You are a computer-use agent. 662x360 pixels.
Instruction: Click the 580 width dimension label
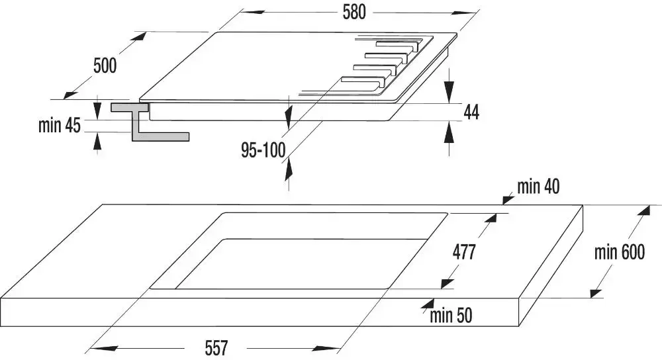click(x=354, y=12)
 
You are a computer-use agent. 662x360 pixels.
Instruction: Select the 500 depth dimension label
click(x=105, y=66)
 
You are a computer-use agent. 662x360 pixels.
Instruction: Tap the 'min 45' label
click(x=59, y=125)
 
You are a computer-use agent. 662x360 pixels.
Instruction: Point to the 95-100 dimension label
click(x=263, y=150)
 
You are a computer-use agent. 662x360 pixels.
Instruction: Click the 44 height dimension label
click(x=471, y=112)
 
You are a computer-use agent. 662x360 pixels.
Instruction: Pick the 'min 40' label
click(x=538, y=186)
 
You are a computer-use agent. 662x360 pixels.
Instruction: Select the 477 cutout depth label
click(x=464, y=252)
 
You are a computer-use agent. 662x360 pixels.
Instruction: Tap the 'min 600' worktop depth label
click(x=620, y=252)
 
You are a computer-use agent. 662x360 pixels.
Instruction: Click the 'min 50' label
click(x=451, y=316)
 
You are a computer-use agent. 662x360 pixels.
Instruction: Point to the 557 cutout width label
click(x=216, y=348)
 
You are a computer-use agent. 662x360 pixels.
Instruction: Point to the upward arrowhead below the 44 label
click(x=449, y=132)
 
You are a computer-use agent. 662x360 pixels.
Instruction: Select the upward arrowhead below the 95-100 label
click(x=289, y=169)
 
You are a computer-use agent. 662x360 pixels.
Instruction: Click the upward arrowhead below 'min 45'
click(x=97, y=140)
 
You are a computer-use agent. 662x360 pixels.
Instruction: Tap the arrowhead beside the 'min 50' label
click(x=428, y=304)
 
